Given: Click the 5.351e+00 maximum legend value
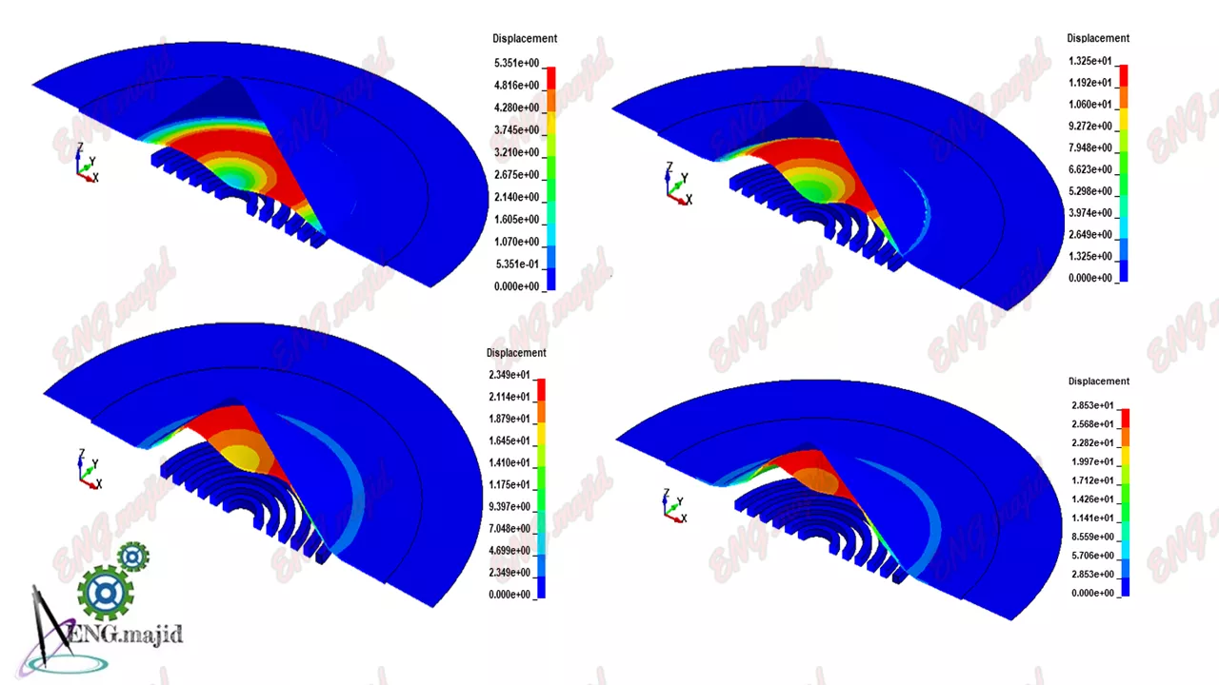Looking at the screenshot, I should click(516, 64).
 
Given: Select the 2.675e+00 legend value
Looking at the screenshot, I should click(516, 175).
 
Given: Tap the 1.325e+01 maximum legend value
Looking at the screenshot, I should click(1090, 61).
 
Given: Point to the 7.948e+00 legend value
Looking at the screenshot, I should click(1090, 147).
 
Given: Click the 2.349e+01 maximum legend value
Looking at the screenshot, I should click(510, 375).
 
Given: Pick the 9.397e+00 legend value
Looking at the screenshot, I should click(510, 506).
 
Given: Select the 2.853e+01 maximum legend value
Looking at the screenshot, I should click(1092, 405).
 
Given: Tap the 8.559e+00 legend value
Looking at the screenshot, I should click(1092, 537).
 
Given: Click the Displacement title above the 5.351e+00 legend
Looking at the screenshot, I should click(525, 39).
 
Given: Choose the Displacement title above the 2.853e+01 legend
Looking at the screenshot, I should click(1099, 382).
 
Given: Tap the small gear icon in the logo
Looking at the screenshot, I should click(132, 557).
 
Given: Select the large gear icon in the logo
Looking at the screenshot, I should click(105, 592).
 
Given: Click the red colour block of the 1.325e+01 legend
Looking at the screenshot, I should click(1122, 75).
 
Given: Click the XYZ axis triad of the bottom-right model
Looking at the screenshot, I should click(674, 506).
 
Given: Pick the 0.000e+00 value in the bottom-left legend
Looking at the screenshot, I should click(510, 595).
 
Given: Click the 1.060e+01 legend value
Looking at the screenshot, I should click(1090, 105).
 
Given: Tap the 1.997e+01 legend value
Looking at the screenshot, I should click(1092, 461).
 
